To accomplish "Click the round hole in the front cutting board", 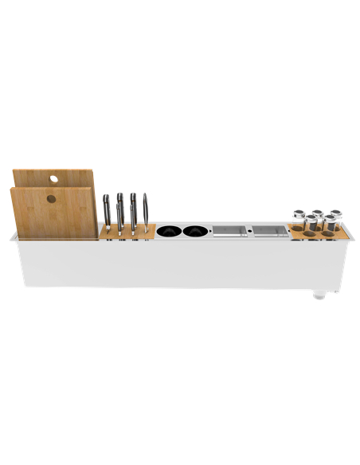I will (x=51, y=198).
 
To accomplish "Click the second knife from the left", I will (x=120, y=211).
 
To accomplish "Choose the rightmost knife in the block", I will (x=145, y=211).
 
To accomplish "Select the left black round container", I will (x=169, y=232).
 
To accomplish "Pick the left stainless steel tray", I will (x=229, y=232).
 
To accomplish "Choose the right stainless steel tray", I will (x=269, y=232).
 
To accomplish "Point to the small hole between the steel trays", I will (x=249, y=232).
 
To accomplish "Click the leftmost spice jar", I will (x=299, y=217).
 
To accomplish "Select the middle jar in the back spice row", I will (x=316, y=215).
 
